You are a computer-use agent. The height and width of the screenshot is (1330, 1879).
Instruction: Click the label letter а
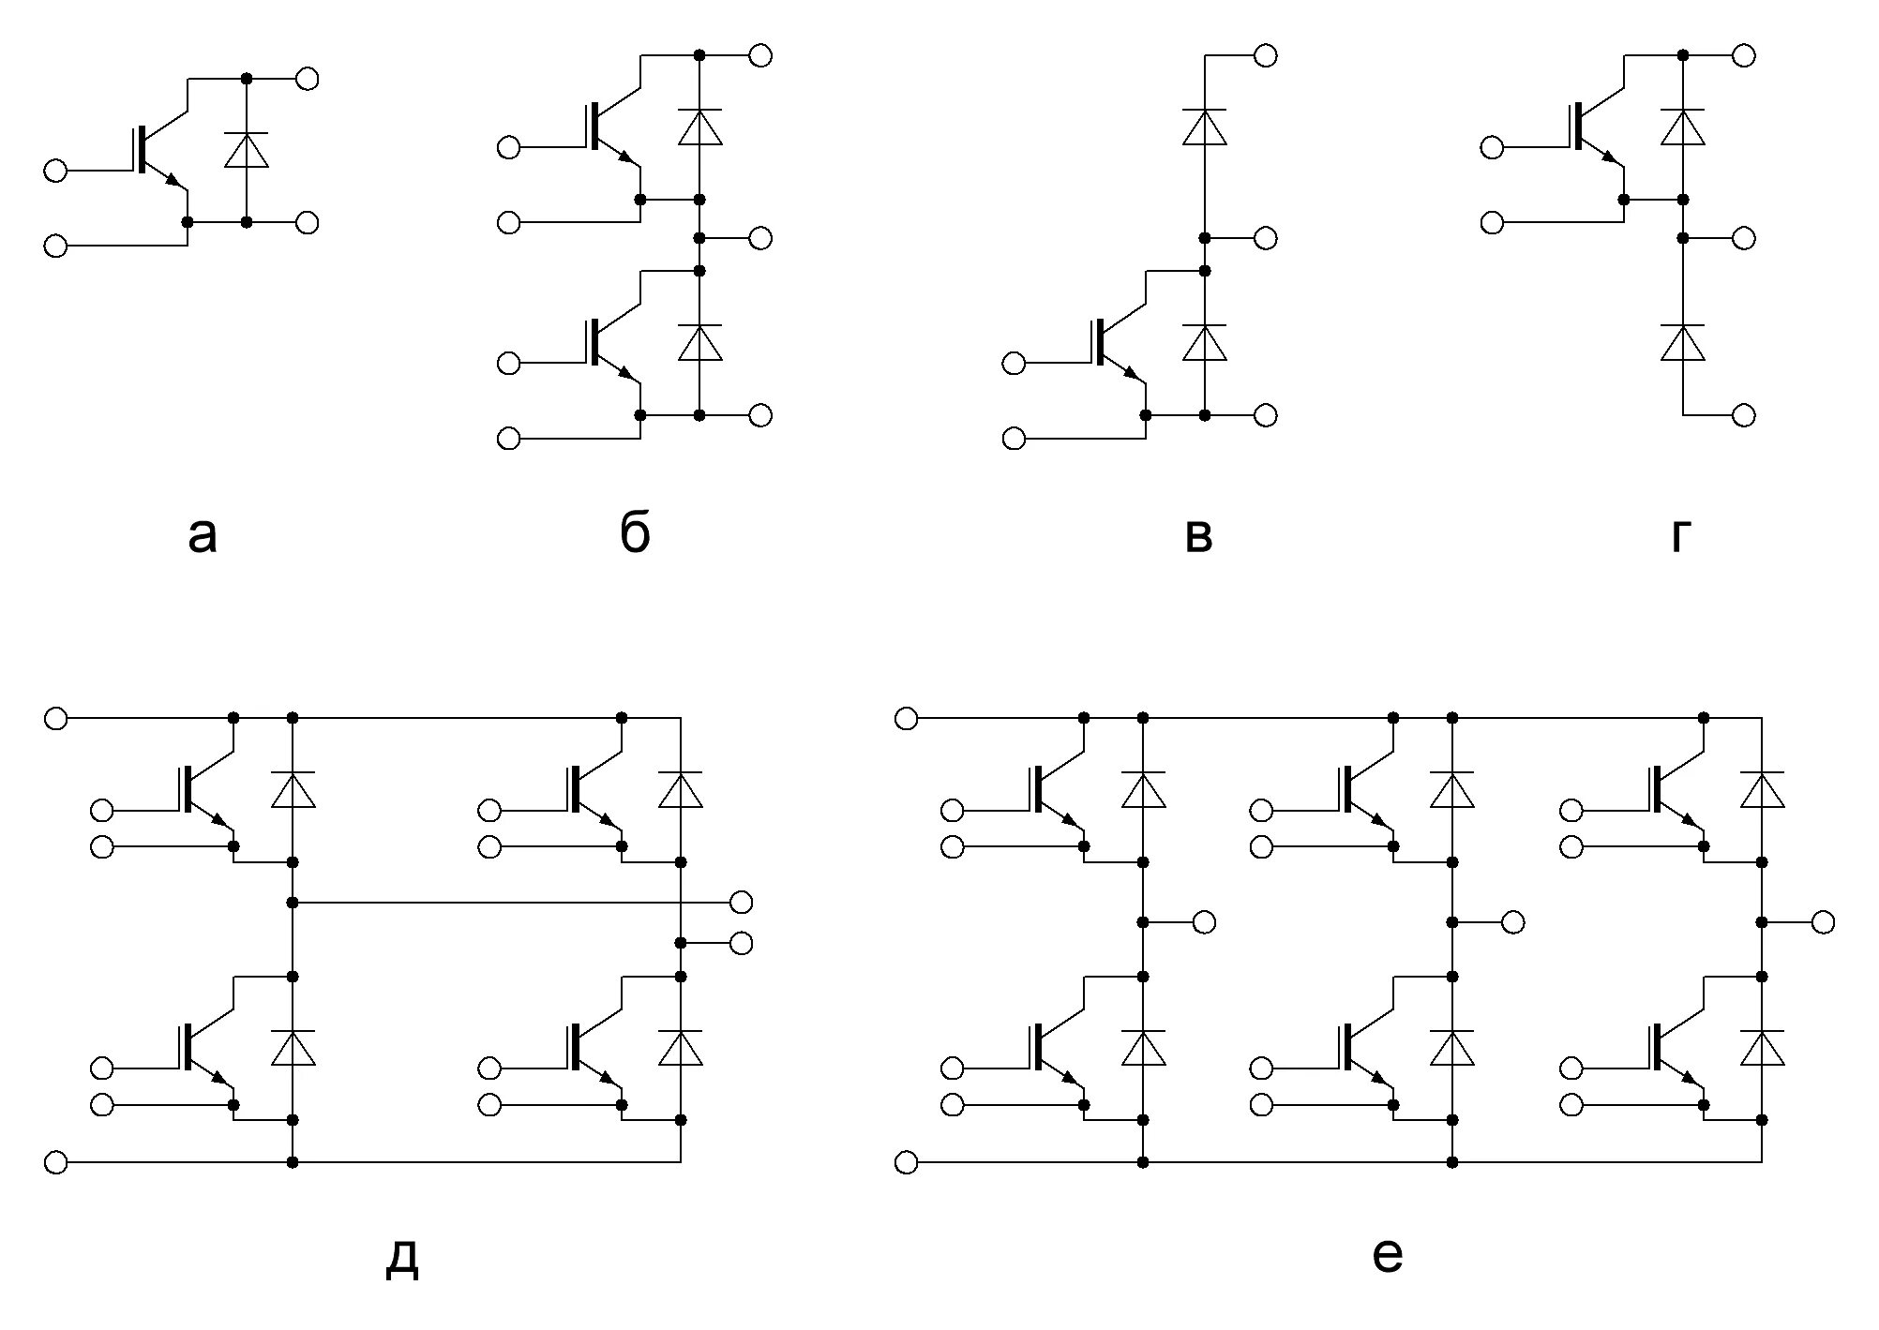[x=203, y=536]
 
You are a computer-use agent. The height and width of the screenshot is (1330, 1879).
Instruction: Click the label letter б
[x=635, y=534]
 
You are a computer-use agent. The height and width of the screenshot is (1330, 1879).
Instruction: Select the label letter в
[x=1199, y=536]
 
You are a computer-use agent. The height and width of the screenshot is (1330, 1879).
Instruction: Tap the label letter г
[x=1681, y=536]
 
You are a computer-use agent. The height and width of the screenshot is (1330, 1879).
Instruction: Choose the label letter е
[x=1387, y=1255]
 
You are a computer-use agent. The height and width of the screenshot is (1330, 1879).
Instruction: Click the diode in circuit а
[x=247, y=150]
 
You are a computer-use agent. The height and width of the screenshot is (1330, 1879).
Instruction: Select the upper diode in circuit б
[x=699, y=127]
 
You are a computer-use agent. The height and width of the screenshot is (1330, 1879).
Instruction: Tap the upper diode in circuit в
[x=1205, y=127]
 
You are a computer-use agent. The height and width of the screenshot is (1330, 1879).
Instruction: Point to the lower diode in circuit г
[x=1683, y=342]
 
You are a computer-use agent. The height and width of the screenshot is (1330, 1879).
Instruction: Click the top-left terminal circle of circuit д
[x=56, y=718]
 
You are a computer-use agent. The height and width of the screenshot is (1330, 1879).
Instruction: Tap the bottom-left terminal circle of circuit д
[x=56, y=1162]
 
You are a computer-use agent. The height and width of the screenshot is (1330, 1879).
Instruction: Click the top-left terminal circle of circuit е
[x=906, y=718]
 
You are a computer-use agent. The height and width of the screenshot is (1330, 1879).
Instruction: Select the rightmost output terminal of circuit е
[x=1823, y=922]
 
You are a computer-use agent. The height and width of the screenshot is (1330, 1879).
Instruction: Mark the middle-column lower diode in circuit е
[x=1452, y=1048]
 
